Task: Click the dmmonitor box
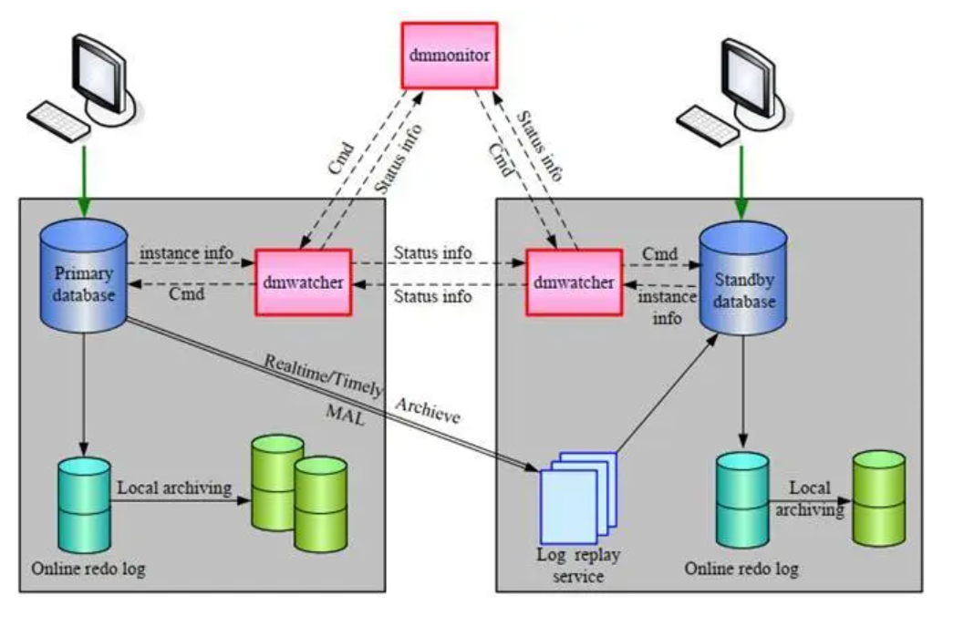click(x=449, y=56)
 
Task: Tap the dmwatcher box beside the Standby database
click(x=571, y=282)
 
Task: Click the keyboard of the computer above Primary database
click(x=58, y=120)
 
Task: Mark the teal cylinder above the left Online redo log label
click(x=83, y=502)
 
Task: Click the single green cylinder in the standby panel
click(x=878, y=498)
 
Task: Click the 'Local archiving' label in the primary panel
click(x=173, y=488)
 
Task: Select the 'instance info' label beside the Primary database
click(x=186, y=251)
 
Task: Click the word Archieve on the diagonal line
click(x=427, y=410)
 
